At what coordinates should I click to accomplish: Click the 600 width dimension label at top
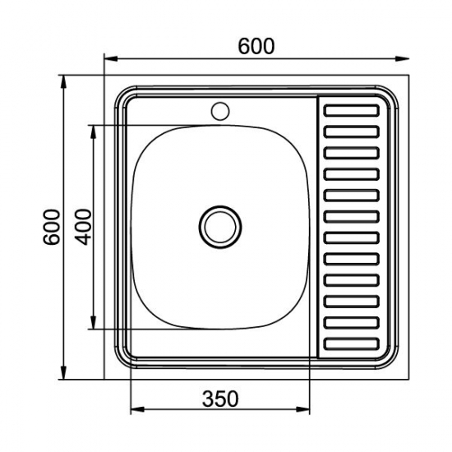tap(256, 46)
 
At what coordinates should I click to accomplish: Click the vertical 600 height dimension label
tap(52, 227)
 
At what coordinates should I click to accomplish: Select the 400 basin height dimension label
tap(83, 227)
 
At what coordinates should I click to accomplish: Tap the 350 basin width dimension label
tap(220, 399)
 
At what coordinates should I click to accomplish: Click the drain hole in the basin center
tap(220, 227)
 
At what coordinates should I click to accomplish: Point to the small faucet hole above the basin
tap(220, 111)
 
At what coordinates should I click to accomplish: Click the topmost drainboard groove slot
tap(352, 111)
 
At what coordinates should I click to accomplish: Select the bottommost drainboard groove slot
tap(352, 344)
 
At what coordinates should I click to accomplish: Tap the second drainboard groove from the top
tap(352, 131)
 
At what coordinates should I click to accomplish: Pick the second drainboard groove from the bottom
tap(352, 323)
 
